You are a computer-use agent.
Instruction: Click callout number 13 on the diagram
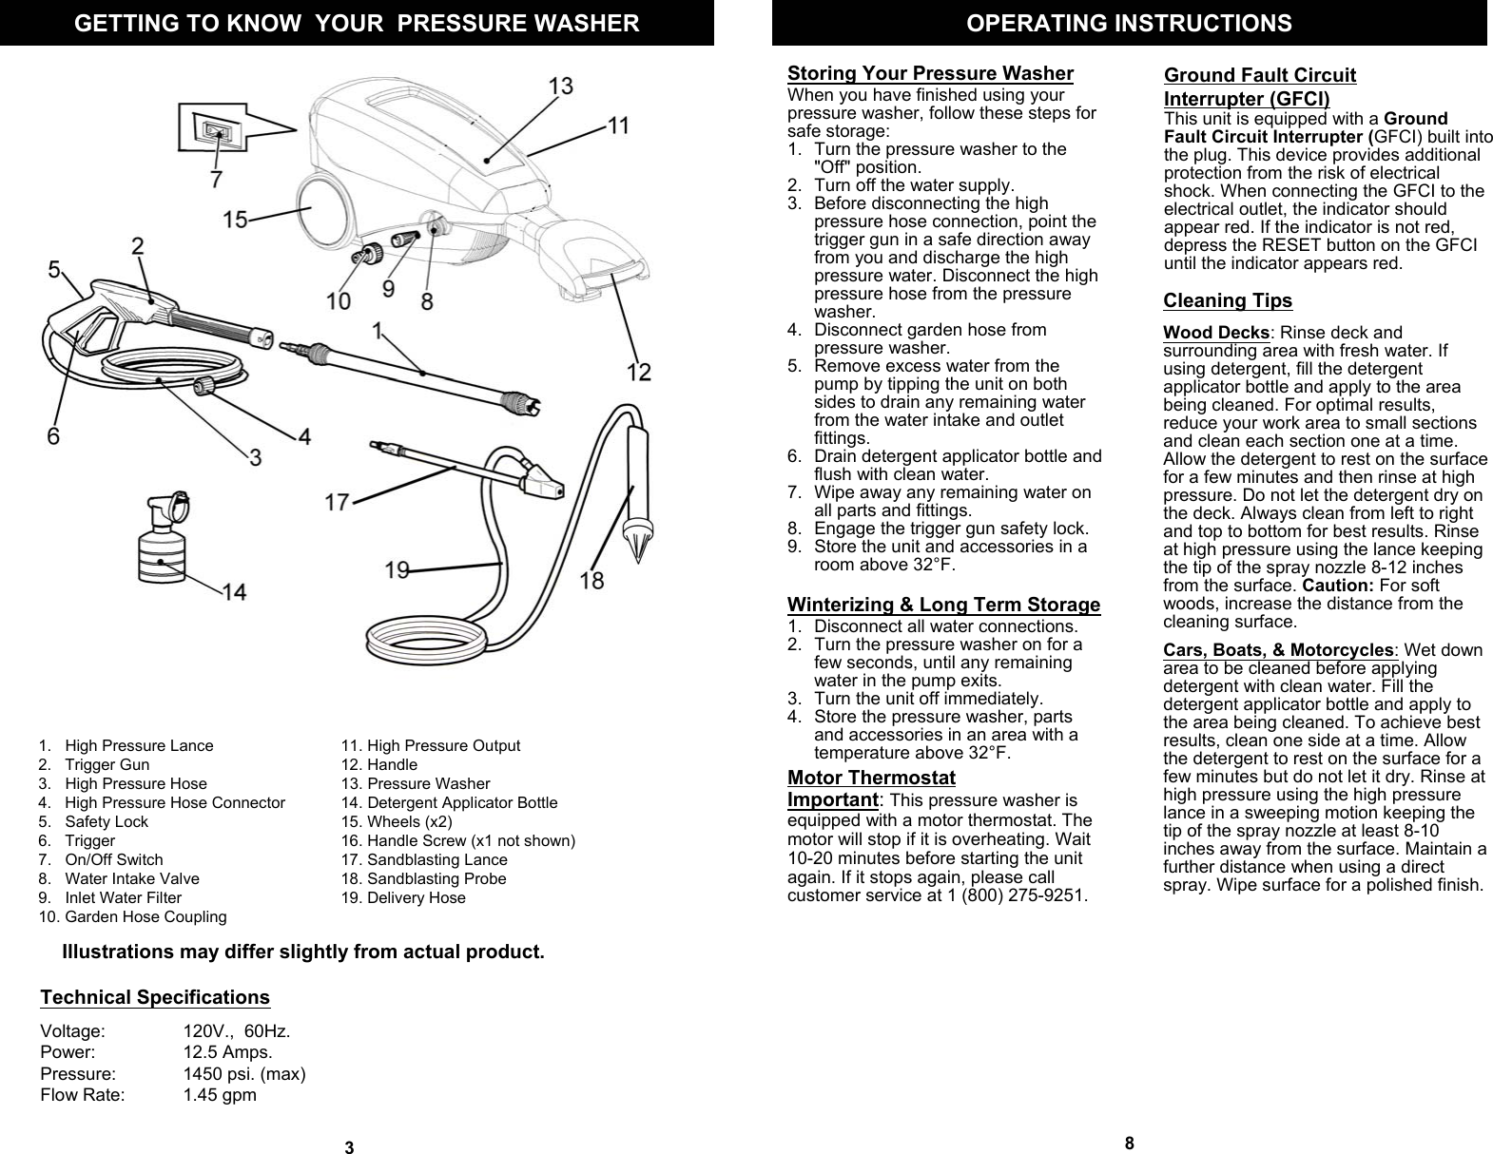pos(561,87)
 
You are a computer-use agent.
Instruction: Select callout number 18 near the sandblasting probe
pos(591,579)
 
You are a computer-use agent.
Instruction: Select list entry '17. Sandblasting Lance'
pos(424,859)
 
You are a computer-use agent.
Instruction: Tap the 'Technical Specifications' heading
pos(155,997)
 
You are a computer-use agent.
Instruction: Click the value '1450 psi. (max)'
pos(244,1074)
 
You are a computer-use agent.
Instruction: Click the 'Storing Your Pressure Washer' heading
pos(930,74)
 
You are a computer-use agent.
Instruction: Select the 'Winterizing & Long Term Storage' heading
pos(943,605)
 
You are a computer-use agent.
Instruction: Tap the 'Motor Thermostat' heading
pos(871,778)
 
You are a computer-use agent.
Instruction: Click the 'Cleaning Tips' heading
pos(1228,301)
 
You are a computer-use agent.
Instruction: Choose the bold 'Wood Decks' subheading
pos(1216,333)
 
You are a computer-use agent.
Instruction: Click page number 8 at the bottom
pos(1129,1143)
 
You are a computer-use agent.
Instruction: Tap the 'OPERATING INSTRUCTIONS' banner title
pos(1129,23)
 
